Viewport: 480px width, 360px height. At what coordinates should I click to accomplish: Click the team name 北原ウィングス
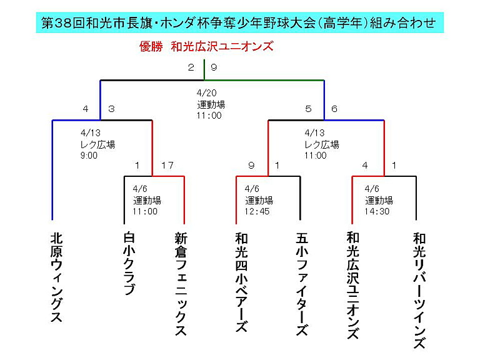tap(57, 277)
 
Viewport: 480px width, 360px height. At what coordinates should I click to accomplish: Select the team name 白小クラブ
tap(129, 263)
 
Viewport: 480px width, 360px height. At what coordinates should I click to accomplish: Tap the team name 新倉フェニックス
tap(181, 284)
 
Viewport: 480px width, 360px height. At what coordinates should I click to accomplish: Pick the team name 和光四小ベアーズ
tap(241, 282)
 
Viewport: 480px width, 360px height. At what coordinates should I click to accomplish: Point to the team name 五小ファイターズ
tap(302, 284)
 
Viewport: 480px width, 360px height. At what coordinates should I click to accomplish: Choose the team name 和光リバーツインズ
tap(419, 290)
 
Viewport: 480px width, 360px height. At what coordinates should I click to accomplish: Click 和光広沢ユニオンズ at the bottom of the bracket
tap(353, 285)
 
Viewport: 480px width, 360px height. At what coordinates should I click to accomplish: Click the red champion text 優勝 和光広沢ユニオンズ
tap(206, 46)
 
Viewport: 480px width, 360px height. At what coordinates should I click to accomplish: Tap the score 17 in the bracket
tap(167, 166)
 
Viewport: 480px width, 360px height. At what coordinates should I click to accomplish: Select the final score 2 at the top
tap(191, 67)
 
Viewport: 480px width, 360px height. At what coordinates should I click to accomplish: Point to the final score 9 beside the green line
tap(214, 67)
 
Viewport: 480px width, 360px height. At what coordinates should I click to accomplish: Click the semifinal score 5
tap(308, 109)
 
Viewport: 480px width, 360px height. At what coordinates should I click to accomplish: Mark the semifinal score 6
tap(334, 109)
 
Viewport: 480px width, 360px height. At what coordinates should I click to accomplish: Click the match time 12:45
tap(257, 211)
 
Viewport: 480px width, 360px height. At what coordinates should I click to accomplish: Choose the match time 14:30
tap(377, 211)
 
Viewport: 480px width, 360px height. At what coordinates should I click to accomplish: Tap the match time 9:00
tap(89, 156)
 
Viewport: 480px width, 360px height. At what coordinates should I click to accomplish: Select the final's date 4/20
tap(207, 92)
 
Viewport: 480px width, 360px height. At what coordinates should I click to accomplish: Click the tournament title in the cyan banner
tap(239, 23)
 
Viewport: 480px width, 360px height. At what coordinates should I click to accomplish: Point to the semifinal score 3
tap(111, 109)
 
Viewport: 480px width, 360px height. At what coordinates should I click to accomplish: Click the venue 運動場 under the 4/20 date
tap(211, 104)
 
